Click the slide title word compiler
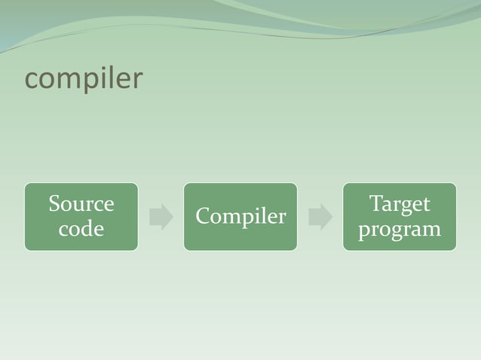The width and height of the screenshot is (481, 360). (83, 79)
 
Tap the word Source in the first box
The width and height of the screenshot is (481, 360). (81, 204)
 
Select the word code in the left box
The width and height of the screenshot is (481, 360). (81, 228)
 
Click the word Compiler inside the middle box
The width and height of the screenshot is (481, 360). (240, 217)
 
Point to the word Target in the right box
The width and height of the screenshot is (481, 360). (400, 204)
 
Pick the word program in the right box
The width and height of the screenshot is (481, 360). (400, 229)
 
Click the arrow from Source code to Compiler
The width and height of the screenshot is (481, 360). (161, 217)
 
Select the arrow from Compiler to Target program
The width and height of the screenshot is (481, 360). (320, 217)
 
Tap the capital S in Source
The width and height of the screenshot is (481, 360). (54, 204)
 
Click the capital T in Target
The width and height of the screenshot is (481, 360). (375, 204)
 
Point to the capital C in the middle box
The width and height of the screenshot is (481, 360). (202, 217)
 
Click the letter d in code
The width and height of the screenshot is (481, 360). (88, 228)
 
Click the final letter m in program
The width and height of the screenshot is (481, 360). (432, 229)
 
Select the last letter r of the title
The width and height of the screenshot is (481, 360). (136, 80)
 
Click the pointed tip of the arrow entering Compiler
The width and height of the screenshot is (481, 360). (173, 217)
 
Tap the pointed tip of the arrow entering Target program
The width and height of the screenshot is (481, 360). (332, 217)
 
